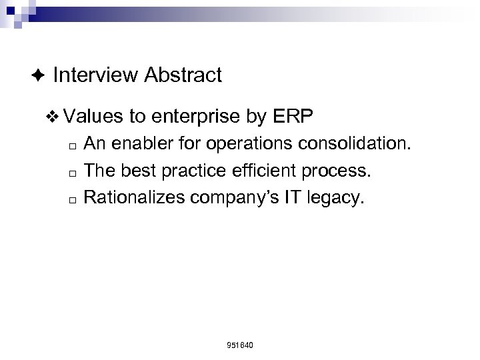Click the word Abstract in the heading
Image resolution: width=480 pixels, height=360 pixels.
click(182, 75)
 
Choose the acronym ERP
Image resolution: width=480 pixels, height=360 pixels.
click(294, 117)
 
